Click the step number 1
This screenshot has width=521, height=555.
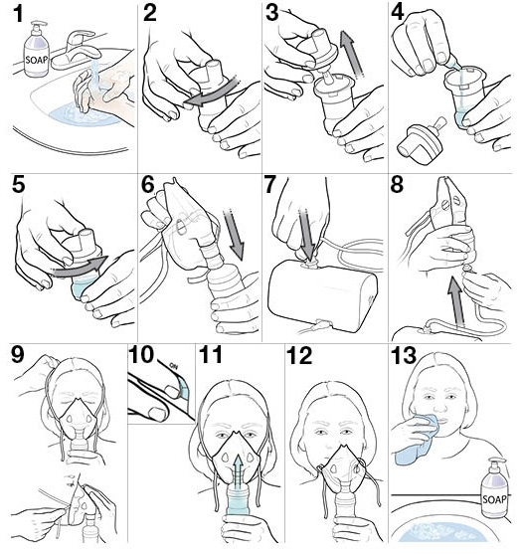[18, 14]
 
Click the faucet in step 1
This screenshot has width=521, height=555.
[77, 50]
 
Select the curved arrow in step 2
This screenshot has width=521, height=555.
[212, 93]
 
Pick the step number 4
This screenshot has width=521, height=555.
[398, 14]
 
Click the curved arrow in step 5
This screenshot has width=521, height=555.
[79, 268]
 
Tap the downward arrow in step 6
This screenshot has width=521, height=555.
[234, 235]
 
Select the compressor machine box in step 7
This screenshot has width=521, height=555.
[323, 296]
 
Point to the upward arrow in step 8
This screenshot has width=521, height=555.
[455, 301]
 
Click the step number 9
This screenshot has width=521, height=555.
[18, 354]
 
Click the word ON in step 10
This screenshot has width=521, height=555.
[174, 365]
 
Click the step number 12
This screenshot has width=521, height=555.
[299, 355]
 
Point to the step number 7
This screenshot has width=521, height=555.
[270, 185]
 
